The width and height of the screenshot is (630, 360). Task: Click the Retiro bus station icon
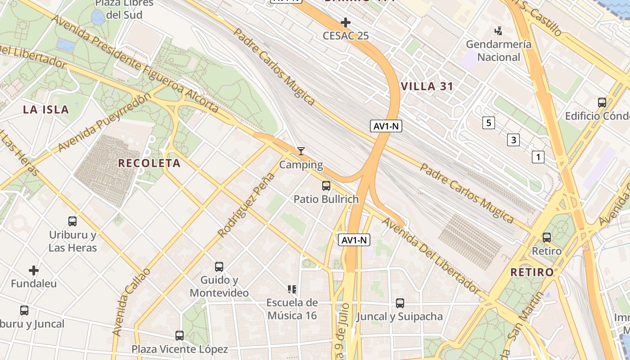pos(547,237)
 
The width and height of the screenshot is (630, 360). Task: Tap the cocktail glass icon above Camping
pos(301,151)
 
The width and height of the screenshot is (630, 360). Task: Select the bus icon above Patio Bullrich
pos(326,185)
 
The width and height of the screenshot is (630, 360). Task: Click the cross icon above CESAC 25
pos(346,22)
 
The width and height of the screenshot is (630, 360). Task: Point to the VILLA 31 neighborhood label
pos(427,86)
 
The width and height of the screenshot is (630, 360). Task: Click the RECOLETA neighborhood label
pos(149,163)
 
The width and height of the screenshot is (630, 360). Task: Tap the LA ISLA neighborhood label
pos(46,109)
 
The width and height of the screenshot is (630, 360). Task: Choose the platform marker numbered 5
pos(488,122)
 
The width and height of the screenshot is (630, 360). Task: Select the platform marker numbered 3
pos(513,140)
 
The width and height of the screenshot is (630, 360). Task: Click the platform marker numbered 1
pos(538,157)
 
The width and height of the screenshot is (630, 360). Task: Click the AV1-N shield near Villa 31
pos(386,126)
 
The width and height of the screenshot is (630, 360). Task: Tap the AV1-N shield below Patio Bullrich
pos(354,240)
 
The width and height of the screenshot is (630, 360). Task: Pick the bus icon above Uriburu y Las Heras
pos(72,221)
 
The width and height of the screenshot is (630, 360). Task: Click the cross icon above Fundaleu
pos(34,270)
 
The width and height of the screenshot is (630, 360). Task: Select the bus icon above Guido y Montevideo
pos(219,267)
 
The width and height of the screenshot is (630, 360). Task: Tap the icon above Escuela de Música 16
pos(292,289)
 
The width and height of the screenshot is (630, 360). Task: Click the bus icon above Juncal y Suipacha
pos(400,303)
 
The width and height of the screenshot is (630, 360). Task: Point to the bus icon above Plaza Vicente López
pos(180,335)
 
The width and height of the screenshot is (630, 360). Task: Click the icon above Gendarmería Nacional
pos(498,31)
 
